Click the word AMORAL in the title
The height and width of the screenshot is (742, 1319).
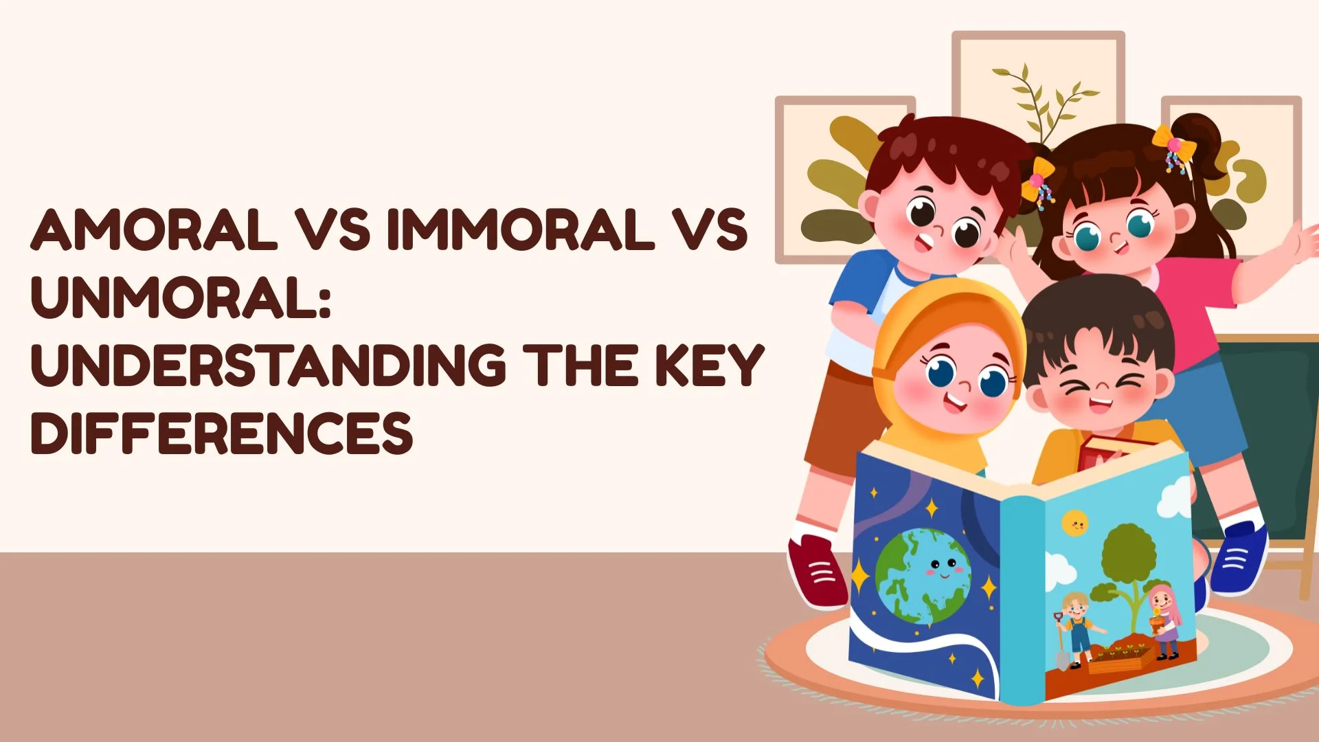pyautogui.click(x=155, y=229)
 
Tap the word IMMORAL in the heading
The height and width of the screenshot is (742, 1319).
pyautogui.click(x=520, y=229)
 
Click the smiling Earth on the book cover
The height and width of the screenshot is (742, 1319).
pyautogui.click(x=923, y=576)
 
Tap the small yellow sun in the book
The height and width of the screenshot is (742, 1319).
pyautogui.click(x=1074, y=524)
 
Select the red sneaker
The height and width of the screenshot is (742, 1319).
pyautogui.click(x=818, y=572)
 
